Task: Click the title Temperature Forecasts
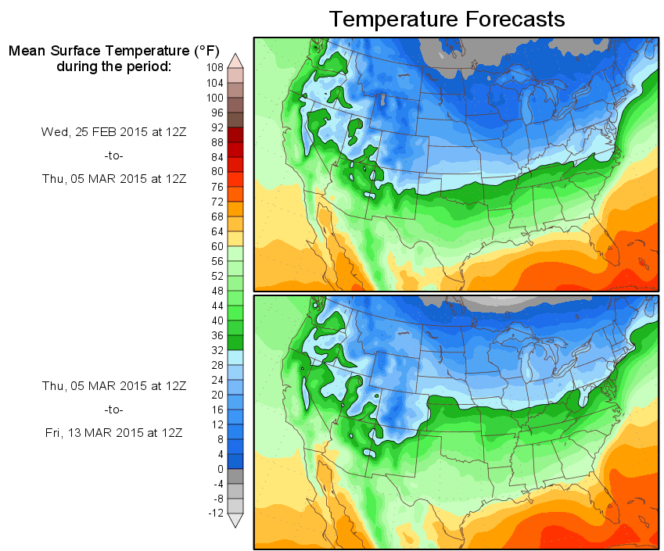coord(447,20)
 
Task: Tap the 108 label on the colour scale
coord(215,68)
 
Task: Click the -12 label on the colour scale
coord(215,513)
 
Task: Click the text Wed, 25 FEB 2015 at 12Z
coord(113,132)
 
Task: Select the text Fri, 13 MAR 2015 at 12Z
coord(113,432)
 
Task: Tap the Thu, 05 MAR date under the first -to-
coord(113,178)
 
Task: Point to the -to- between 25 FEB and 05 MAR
coord(113,156)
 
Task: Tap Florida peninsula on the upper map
coord(608,249)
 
